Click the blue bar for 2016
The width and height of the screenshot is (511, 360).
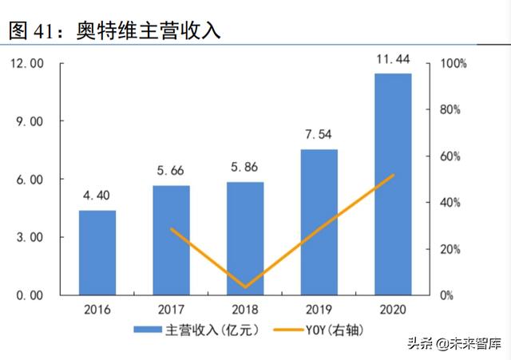tap(97, 252)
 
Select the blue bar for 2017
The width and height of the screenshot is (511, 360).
tap(171, 240)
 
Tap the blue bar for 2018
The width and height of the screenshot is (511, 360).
tap(244, 238)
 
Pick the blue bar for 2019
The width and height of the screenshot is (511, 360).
tap(319, 222)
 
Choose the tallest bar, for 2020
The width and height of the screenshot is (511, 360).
tap(392, 184)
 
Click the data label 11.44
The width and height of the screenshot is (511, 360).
tap(392, 58)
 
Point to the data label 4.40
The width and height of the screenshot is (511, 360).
tap(97, 195)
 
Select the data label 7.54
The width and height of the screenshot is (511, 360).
tap(319, 134)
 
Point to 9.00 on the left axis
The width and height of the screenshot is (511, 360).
tap(30, 121)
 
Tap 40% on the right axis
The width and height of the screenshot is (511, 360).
tap(453, 203)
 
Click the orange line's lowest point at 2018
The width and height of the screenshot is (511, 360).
tap(244, 287)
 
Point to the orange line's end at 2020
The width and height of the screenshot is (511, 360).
tap(393, 176)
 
